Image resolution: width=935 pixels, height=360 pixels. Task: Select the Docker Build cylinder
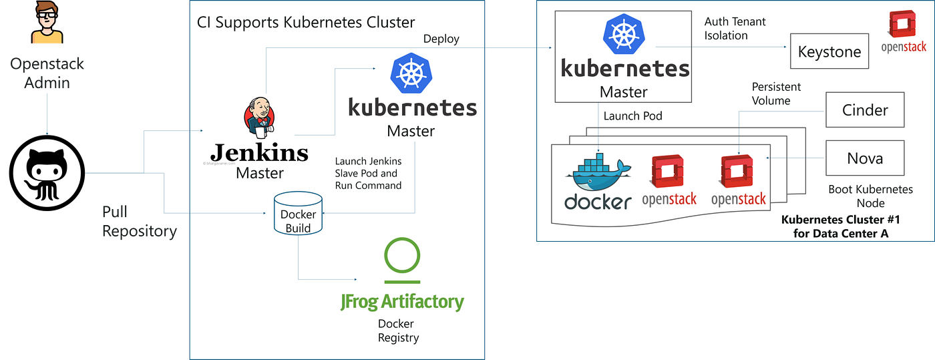point(298,214)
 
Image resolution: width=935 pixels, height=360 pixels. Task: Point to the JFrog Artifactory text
point(402,301)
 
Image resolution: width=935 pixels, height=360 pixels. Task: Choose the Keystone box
point(829,52)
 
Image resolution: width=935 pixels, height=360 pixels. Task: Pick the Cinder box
point(865,110)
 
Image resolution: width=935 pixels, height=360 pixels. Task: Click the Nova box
point(865,158)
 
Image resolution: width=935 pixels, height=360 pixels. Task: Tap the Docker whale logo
point(598,175)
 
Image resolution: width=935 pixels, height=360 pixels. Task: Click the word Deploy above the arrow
point(441,39)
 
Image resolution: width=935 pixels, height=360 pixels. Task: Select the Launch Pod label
point(632,116)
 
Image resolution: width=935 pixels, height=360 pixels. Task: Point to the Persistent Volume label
point(776,94)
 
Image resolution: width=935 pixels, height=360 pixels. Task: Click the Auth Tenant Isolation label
point(735,29)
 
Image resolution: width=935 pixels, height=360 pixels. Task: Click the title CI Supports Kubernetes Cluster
point(306,22)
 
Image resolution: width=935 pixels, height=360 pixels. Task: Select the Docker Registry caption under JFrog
point(398,331)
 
